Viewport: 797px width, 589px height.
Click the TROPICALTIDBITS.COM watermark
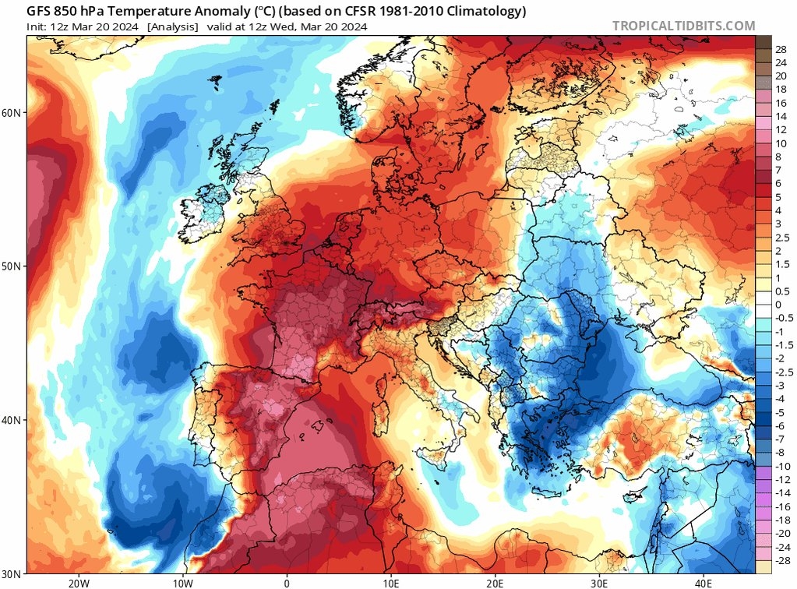(683, 26)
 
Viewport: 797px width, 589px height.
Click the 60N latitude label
(12, 112)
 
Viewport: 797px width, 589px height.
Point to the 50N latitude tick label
(12, 266)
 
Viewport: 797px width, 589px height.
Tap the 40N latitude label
(12, 420)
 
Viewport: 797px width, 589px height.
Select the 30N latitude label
(12, 573)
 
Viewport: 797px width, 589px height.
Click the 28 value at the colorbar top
(781, 49)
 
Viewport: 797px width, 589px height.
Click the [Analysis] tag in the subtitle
(172, 26)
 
